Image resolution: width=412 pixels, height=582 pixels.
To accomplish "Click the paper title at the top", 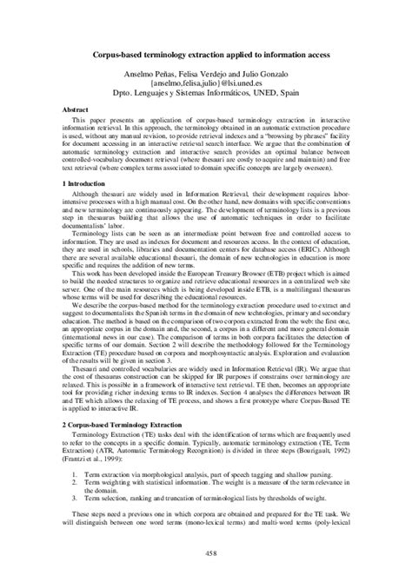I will pyautogui.click(x=205, y=54).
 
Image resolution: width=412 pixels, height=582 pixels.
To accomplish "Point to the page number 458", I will pyautogui.click(x=205, y=552).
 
